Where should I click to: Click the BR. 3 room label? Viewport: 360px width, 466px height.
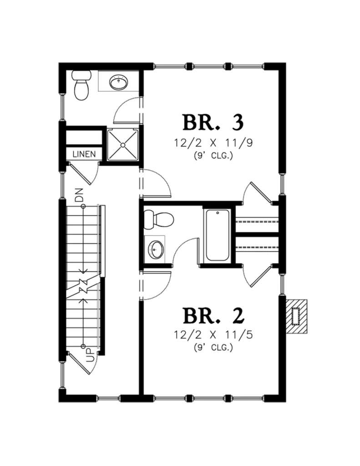pos(213,122)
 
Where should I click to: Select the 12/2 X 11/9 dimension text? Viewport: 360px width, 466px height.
pos(213,143)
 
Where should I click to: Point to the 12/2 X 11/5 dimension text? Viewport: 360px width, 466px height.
pos(213,335)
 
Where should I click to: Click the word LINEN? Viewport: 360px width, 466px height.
pos(84,154)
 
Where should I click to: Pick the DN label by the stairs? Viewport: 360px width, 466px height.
pos(79,195)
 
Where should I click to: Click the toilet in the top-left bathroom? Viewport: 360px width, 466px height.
pos(81,85)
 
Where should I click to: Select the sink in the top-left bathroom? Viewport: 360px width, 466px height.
pos(119,82)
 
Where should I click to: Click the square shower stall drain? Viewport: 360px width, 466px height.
pos(122,145)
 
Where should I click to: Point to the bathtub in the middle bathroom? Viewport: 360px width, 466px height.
pos(218,235)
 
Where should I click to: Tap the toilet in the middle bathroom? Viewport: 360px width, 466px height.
pos(158,220)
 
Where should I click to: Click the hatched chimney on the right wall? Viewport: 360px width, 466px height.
pos(296,316)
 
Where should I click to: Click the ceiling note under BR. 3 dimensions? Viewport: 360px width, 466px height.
pos(213,156)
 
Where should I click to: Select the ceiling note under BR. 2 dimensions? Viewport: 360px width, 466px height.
pos(213,347)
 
